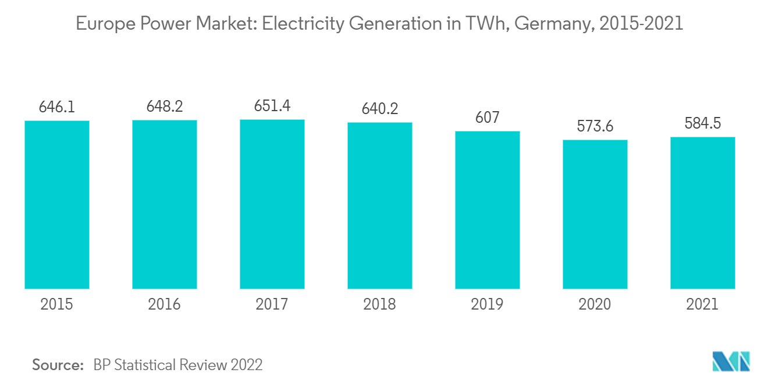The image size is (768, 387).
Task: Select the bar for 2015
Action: click(57, 204)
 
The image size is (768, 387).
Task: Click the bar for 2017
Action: click(272, 204)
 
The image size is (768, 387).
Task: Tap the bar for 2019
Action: click(488, 210)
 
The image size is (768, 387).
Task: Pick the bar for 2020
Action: click(595, 214)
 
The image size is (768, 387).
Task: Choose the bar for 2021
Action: click(702, 212)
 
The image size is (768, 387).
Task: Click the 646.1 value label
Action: click(57, 107)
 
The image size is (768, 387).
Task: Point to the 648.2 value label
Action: click(165, 106)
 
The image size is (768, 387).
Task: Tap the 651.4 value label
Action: click(272, 106)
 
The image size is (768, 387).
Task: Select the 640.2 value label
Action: click(380, 109)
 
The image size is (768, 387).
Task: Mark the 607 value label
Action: click(488, 118)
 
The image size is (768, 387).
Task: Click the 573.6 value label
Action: click(595, 126)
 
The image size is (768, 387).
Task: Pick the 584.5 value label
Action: click(702, 123)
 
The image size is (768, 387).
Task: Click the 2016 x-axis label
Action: click(165, 304)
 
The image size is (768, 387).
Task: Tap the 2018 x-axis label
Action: click(380, 304)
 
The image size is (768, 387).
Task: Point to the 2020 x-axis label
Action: click(595, 304)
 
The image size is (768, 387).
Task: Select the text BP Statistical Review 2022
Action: click(178, 365)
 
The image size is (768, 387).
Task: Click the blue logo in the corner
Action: click(731, 361)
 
